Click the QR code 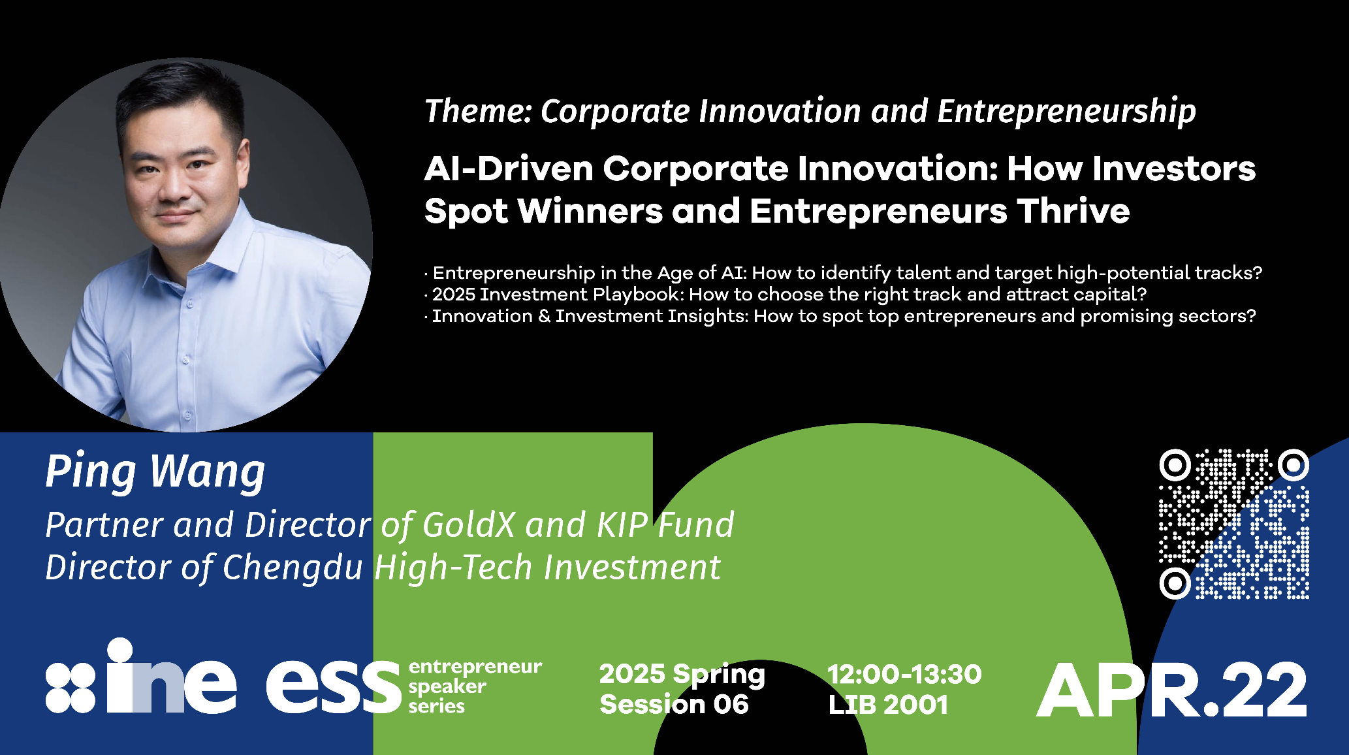pos(1234,524)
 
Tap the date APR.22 pos(1171,690)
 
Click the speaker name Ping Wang pos(155,472)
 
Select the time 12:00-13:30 pos(904,675)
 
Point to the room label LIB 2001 pos(888,705)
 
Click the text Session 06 pos(674,705)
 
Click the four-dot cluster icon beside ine pos(71,688)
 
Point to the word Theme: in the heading pos(478,111)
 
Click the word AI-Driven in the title pos(509,169)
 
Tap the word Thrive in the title pos(1073,211)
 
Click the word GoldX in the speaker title pos(469,525)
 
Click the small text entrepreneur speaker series pos(475,686)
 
